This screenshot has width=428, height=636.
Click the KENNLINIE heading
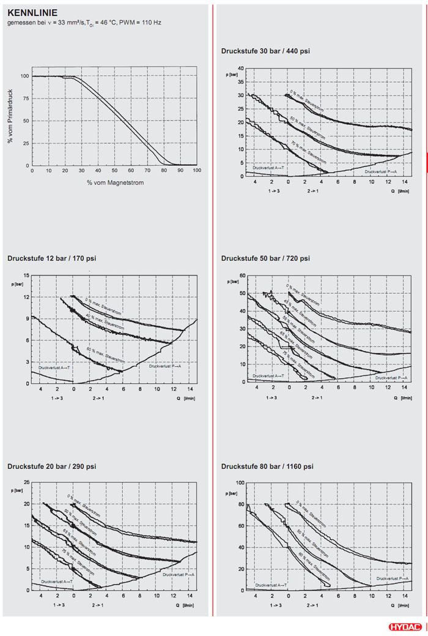pyautogui.click(x=32, y=12)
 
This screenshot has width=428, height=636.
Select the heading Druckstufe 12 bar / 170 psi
pyautogui.click(x=52, y=258)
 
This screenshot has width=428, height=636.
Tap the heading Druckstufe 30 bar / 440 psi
pyautogui.click(x=265, y=51)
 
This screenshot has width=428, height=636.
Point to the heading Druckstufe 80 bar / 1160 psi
pyautogui.click(x=267, y=466)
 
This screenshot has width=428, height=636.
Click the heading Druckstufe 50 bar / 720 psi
pyautogui.click(x=265, y=258)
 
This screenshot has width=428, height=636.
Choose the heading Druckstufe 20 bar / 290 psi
pyautogui.click(x=52, y=466)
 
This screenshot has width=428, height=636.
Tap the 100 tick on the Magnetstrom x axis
pyautogui.click(x=196, y=171)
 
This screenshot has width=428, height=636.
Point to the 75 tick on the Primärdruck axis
pyautogui.click(x=25, y=99)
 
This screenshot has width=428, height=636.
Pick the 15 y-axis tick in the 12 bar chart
pyautogui.click(x=26, y=275)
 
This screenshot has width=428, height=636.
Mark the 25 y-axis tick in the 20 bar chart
pyautogui.click(x=26, y=483)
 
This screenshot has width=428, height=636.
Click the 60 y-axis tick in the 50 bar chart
pyautogui.click(x=242, y=275)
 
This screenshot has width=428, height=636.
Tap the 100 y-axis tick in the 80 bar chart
pyautogui.click(x=240, y=483)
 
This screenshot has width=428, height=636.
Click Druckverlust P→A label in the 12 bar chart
pyautogui.click(x=165, y=366)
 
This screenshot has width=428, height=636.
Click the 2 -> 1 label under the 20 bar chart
pyautogui.click(x=98, y=605)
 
